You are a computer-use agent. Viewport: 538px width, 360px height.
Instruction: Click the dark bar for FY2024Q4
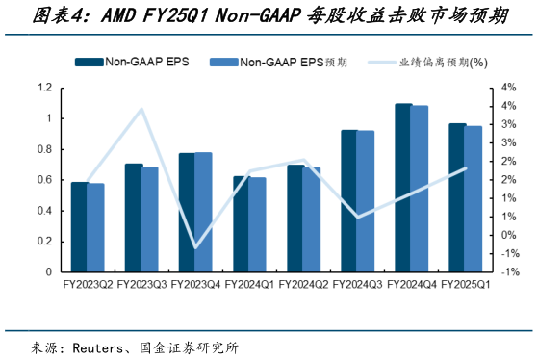pos(403,188)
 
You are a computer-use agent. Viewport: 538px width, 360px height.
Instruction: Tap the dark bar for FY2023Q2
pos(79,227)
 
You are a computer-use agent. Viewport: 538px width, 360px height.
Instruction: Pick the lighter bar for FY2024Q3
pos(366,201)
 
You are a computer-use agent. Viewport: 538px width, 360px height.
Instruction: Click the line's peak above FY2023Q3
pos(142,109)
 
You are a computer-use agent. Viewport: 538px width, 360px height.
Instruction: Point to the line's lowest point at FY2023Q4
pos(195,248)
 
